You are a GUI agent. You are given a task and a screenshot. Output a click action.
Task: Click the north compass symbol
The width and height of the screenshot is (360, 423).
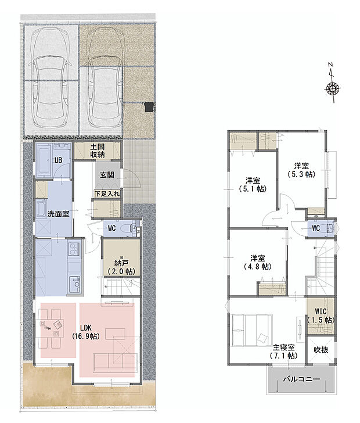pyautogui.click(x=333, y=89)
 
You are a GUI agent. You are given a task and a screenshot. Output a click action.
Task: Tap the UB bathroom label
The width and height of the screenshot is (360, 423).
pyautogui.click(x=58, y=160)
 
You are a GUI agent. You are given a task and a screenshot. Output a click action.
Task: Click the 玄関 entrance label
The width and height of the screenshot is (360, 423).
pyautogui.click(x=106, y=175)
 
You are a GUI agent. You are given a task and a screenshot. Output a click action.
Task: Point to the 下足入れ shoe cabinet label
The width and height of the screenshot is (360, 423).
pyautogui.click(x=107, y=193)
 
